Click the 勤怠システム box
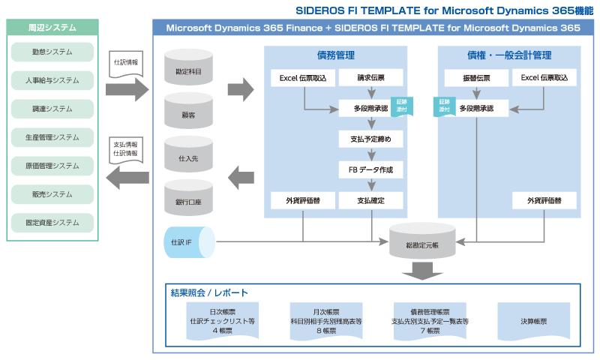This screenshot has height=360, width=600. [52, 52]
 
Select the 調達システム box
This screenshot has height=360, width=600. [52, 109]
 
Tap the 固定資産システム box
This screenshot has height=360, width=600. [52, 223]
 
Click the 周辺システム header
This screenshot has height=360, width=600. [52, 27]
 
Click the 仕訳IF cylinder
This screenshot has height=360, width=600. [188, 242]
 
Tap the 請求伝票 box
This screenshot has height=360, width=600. [370, 77]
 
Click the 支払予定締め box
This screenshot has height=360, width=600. [370, 139]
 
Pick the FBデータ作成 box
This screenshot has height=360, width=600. [370, 169]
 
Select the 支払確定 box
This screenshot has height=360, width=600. [370, 200]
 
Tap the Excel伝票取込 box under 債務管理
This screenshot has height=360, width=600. [303, 77]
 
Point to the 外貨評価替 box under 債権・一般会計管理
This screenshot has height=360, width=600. [545, 200]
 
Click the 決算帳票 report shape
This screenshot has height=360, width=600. [533, 321]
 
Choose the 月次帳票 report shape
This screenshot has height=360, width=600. [325, 320]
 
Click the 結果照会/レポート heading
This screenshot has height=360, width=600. [209, 292]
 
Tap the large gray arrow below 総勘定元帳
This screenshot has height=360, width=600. [422, 271]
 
